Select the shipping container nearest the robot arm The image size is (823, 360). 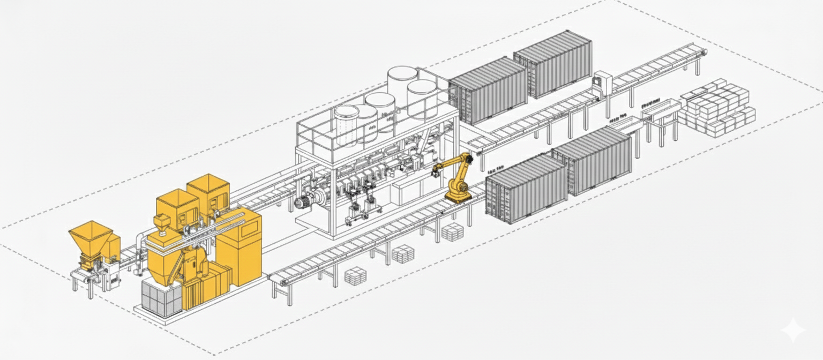click(526, 187)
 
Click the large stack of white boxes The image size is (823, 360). click(715, 109)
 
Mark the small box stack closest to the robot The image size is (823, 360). click(452, 232)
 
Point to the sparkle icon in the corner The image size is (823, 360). click(792, 331)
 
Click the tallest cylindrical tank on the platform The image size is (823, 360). click(402, 86)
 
